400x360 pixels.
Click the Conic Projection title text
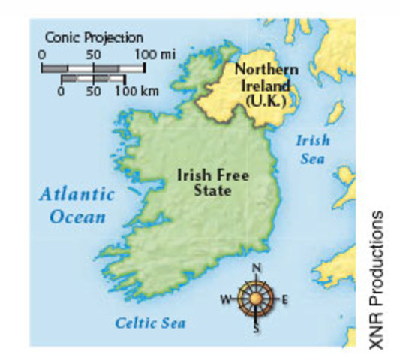(x=94, y=37)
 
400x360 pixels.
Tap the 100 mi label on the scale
(x=155, y=54)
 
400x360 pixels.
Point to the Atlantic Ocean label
(x=77, y=205)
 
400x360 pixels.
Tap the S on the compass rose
(x=257, y=331)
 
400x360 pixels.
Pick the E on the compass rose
(x=285, y=299)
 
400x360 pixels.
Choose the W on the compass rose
(x=224, y=299)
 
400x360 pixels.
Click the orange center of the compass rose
(x=256, y=299)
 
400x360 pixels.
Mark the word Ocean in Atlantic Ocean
(x=77, y=217)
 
